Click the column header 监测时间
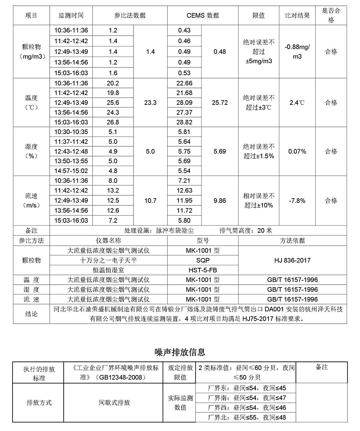tap(71, 15)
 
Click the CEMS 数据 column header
tap(202, 15)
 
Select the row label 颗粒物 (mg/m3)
tap(31, 52)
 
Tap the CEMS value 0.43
tap(184, 31)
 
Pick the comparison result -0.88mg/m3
tap(297, 52)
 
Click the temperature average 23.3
tap(150, 103)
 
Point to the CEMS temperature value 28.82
tap(185, 122)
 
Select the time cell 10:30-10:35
tap(71, 132)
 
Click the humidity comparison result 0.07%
tap(297, 151)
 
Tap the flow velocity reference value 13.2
tap(113, 190)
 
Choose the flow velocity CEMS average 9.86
tap(220, 200)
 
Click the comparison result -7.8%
tap(297, 200)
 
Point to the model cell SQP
tap(203, 260)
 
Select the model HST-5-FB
tap(203, 270)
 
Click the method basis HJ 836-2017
tap(292, 260)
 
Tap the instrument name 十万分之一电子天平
tap(108, 260)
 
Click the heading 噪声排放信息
tap(180, 352)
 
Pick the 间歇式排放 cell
tap(114, 403)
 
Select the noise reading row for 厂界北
tap(247, 418)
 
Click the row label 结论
tap(31, 314)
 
